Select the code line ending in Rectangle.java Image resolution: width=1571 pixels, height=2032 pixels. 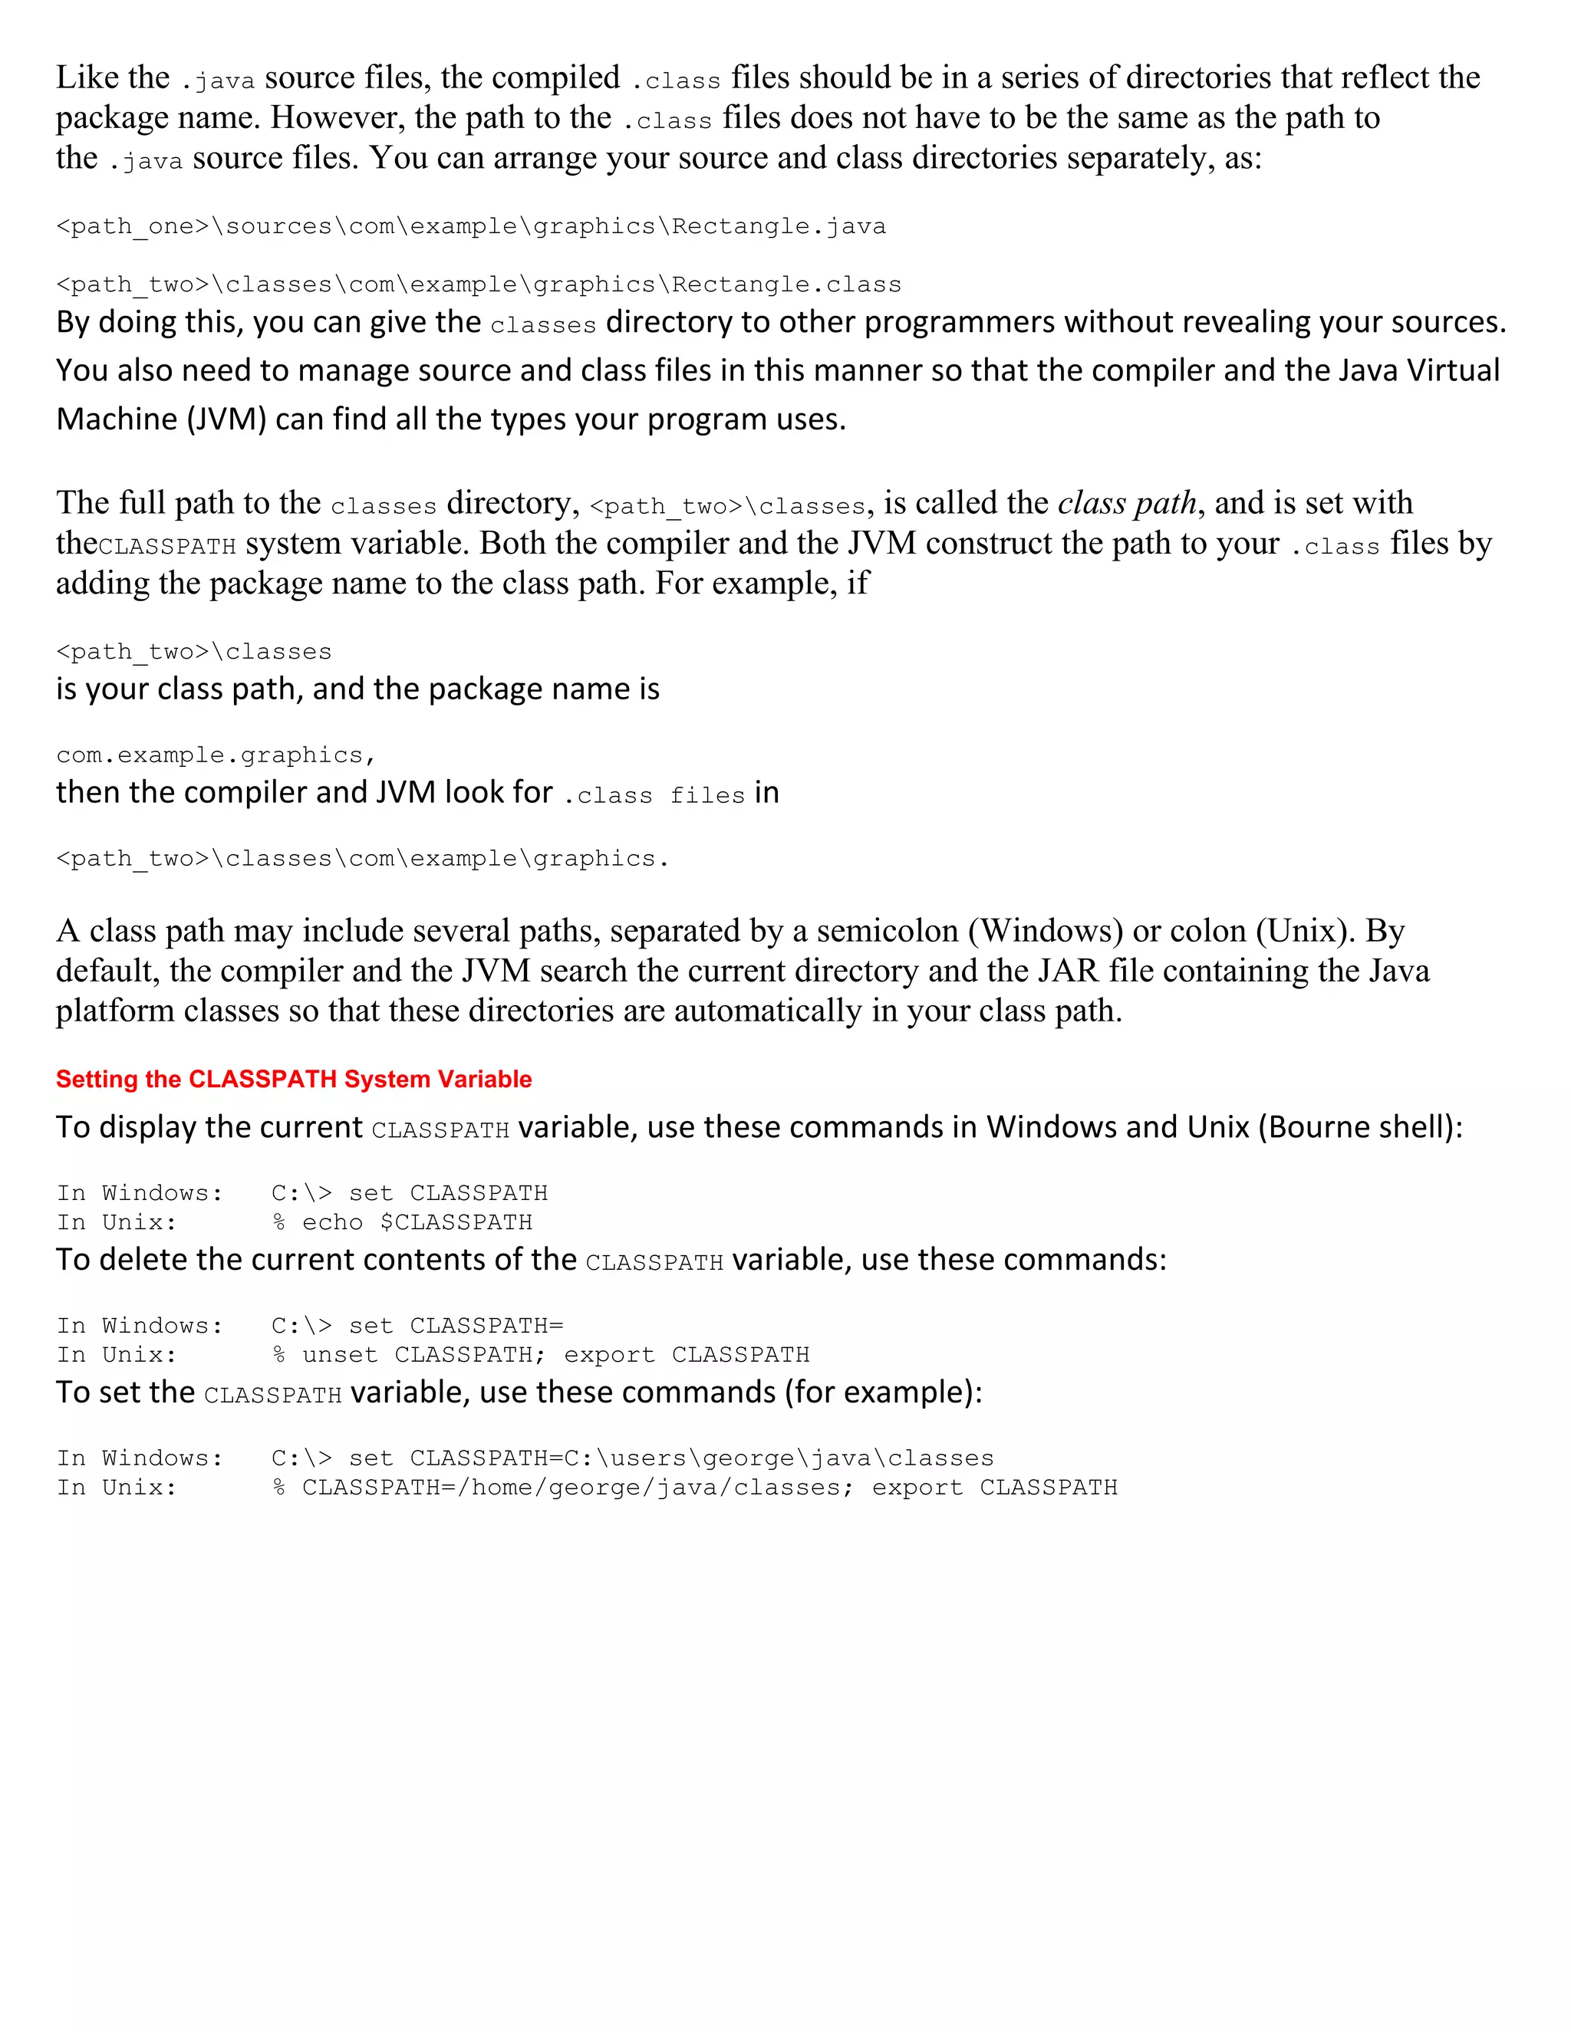tap(471, 226)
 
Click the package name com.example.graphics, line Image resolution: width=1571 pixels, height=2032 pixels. tap(215, 755)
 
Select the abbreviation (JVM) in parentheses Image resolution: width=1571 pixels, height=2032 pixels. tap(226, 419)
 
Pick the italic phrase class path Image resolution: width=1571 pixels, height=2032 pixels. tap(1126, 502)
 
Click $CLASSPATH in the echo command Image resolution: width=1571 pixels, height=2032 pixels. tap(456, 1222)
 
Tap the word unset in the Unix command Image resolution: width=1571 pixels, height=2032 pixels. tap(340, 1355)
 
